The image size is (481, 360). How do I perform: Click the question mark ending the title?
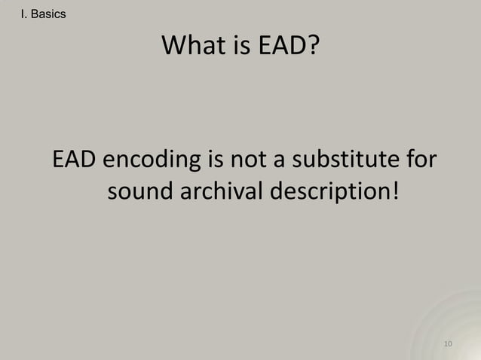point(311,50)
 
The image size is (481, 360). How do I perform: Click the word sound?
point(140,193)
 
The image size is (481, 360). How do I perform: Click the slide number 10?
point(448,344)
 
